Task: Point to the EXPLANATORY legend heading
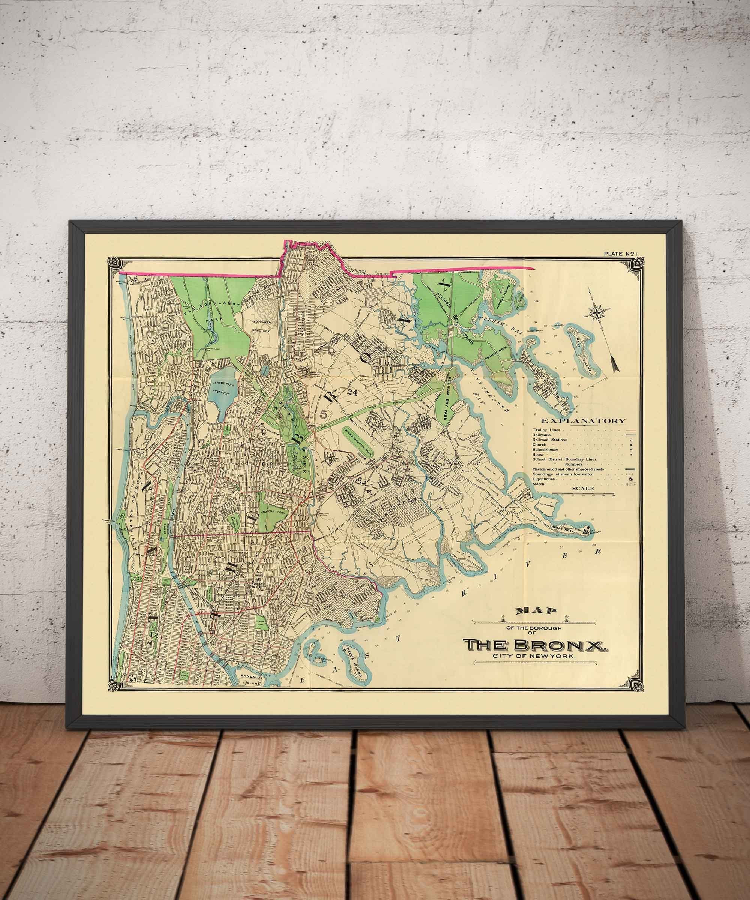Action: [x=583, y=421]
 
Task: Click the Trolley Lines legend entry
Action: [x=548, y=429]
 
